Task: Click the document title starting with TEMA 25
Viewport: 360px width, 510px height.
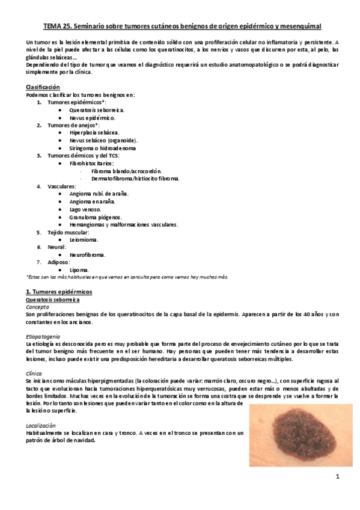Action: point(183,26)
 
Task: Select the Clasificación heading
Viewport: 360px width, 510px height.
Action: point(42,87)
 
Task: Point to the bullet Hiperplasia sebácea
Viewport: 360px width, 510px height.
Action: point(94,133)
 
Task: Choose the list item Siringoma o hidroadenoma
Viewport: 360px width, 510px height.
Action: point(102,148)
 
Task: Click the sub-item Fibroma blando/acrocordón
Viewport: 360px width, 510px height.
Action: point(126,171)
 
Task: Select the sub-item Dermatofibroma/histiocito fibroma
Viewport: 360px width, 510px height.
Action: point(135,179)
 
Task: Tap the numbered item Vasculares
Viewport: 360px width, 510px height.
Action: point(61,186)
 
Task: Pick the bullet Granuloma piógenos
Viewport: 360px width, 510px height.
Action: point(95,217)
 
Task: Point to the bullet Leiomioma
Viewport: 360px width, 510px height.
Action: point(84,239)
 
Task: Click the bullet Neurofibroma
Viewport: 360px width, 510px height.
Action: point(87,254)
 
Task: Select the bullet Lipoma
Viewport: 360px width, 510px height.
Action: point(79,270)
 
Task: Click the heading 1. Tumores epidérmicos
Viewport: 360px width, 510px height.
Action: point(59,291)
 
